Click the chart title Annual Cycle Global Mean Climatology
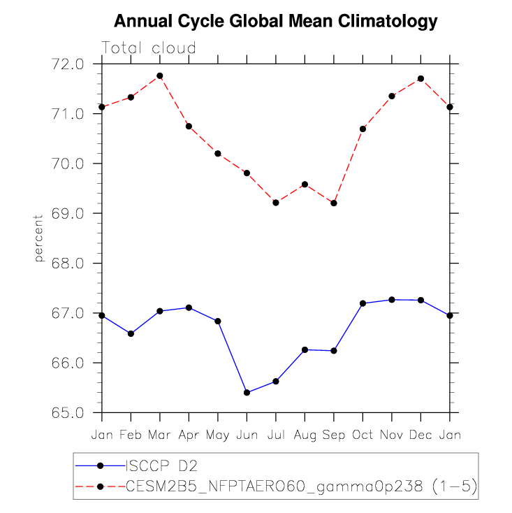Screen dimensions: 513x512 pos(275,21)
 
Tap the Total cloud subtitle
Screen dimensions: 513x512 pos(149,48)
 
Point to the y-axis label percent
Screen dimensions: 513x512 pos(39,238)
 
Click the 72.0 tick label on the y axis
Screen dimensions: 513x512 pos(68,64)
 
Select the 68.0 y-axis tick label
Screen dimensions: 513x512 pos(68,263)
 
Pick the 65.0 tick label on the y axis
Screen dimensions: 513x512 pos(68,413)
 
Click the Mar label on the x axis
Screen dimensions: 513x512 pos(160,435)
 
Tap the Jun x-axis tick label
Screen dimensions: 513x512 pos(247,435)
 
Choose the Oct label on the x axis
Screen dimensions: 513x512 pos(363,435)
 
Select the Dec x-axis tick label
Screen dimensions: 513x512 pos(420,435)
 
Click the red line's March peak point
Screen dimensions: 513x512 pos(160,75)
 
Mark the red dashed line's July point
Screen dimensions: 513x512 pos(276,203)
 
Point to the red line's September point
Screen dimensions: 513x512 pos(334,203)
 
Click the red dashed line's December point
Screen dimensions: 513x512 pos(420,78)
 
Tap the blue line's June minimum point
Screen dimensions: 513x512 pos(247,393)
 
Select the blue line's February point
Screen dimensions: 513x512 pos(131,334)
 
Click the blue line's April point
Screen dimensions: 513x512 pos(189,308)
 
